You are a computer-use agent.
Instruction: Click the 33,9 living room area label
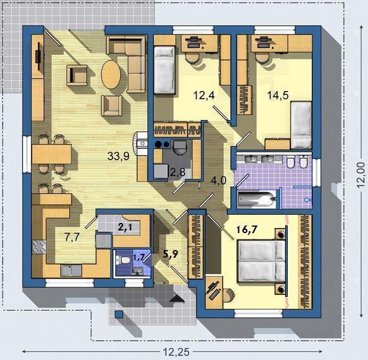tap(118, 156)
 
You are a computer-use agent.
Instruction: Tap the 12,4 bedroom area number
tap(204, 95)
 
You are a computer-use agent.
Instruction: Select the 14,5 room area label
tap(278, 95)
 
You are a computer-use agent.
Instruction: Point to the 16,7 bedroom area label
tap(247, 229)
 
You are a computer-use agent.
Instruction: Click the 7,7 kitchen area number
tap(72, 237)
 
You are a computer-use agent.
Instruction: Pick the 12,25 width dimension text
tap(176, 352)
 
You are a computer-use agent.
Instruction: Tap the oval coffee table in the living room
tap(111, 75)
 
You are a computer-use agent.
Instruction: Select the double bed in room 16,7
tap(262, 261)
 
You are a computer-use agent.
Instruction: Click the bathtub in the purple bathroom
tap(257, 200)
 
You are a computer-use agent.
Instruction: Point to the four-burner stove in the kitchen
tap(39, 247)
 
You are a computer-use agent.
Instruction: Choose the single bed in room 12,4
tap(164, 70)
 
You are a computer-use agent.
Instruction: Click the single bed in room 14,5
tap(301, 125)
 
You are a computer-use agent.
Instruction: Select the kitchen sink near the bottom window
tap(71, 270)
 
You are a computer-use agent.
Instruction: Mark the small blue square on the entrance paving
tap(119, 314)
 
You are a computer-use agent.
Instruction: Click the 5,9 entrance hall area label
tap(171, 254)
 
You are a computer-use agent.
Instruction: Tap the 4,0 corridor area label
tap(219, 181)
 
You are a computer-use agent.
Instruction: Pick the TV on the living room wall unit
tap(38, 56)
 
